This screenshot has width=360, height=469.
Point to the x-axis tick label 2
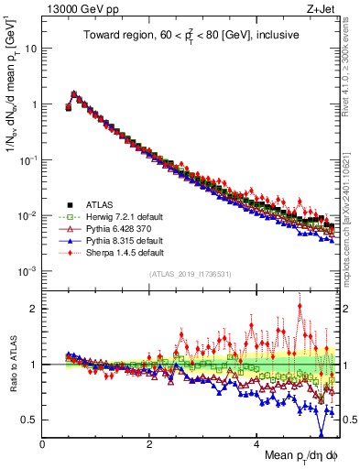[149, 443]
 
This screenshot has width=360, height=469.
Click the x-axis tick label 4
[256, 443]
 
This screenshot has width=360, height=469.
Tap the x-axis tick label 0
[42, 443]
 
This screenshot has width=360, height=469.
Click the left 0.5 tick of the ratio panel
[29, 420]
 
